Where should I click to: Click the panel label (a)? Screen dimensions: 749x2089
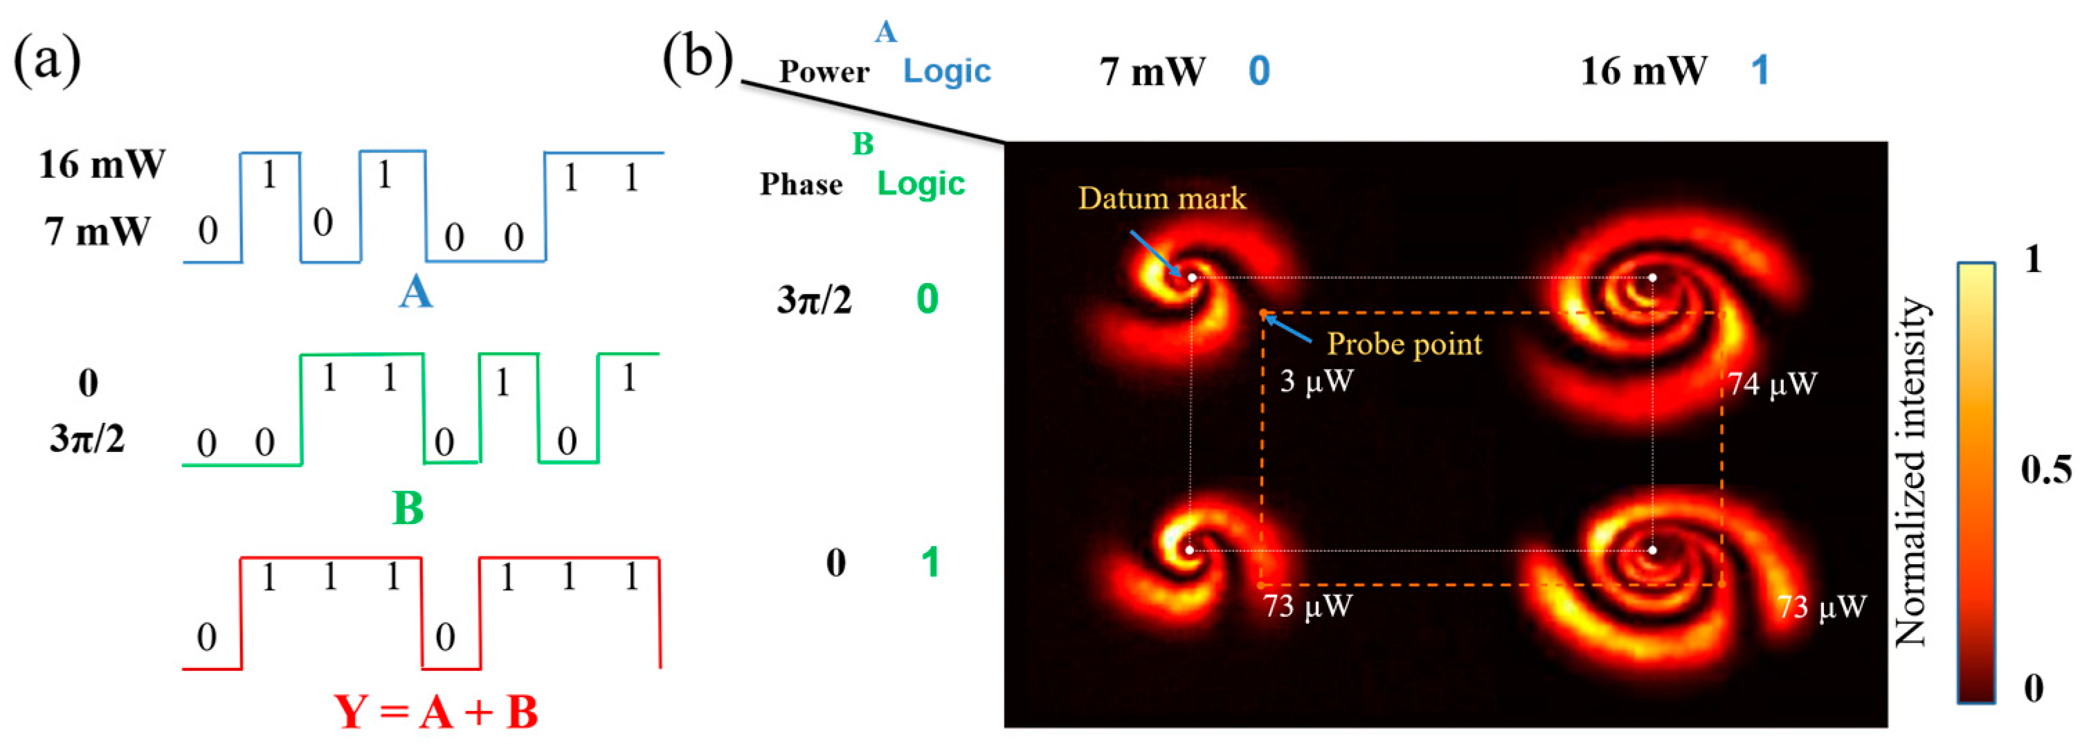[x=47, y=61]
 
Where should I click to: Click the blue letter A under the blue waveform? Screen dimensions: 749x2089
[x=415, y=292]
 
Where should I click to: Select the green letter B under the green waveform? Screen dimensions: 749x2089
[x=408, y=508]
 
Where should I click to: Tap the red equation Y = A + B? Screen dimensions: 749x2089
[x=436, y=712]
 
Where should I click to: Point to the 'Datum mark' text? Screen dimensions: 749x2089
[x=1161, y=199]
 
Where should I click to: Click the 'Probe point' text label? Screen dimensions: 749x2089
[x=1404, y=345]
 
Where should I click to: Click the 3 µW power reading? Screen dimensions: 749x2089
[x=1316, y=381]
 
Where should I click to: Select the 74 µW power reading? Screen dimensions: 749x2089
[x=1772, y=384]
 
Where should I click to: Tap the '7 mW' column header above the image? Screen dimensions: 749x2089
[x=1152, y=72]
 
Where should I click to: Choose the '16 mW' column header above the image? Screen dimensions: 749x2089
[x=1643, y=72]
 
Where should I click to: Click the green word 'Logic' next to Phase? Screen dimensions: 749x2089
[x=921, y=185]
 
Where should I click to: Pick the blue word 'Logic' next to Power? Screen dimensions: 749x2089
[x=947, y=72]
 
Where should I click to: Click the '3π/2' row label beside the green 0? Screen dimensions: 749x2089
[x=814, y=300]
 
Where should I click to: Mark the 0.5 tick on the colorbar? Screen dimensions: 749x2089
[x=2045, y=470]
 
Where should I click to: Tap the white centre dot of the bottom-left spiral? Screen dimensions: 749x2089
[x=1190, y=550]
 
